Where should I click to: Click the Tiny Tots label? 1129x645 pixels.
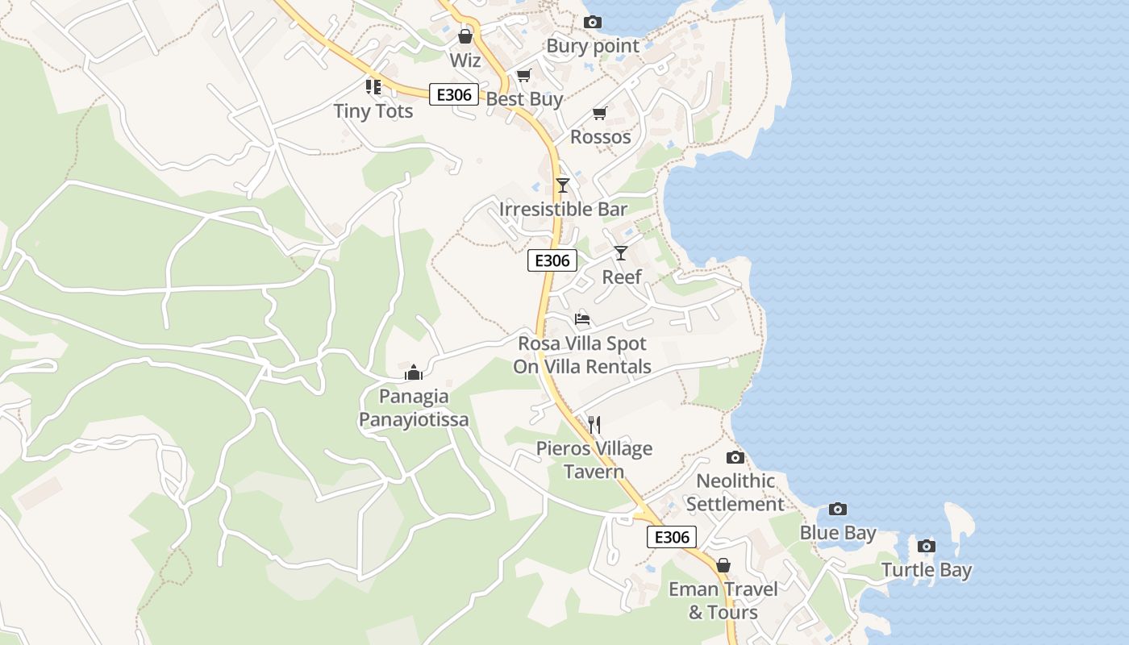click(373, 111)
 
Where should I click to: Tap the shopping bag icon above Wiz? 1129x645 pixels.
click(465, 36)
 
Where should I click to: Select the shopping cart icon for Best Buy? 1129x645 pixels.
click(523, 76)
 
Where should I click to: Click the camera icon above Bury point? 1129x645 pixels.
click(593, 22)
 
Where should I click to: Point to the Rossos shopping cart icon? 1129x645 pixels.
click(599, 114)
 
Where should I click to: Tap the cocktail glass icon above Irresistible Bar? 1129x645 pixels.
click(563, 185)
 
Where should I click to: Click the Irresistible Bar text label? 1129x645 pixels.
click(563, 210)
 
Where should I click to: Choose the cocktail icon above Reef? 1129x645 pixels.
click(620, 253)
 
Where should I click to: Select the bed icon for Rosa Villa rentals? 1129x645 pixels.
click(582, 319)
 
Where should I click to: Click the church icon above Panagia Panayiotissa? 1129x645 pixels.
click(414, 372)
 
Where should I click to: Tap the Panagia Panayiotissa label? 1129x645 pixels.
click(414, 408)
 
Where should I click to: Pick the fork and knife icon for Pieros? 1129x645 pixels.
click(594, 424)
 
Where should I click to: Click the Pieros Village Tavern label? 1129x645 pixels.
click(594, 460)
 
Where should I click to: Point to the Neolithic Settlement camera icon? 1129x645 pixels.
click(735, 458)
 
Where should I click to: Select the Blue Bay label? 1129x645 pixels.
click(837, 533)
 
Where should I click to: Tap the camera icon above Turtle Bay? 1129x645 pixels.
click(927, 547)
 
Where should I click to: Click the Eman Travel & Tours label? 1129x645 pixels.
click(723, 601)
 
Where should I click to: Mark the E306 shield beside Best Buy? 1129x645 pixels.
click(454, 94)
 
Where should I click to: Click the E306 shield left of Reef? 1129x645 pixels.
click(552, 260)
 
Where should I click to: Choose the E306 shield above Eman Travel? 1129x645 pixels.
click(671, 537)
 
